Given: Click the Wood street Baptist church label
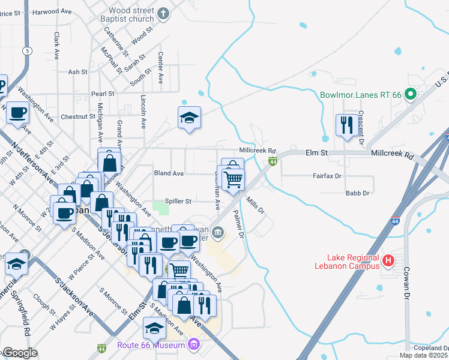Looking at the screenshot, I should pos(131,14).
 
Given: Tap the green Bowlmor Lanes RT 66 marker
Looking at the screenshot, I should pos(411,94).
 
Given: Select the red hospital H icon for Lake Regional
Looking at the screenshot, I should pos(388,261).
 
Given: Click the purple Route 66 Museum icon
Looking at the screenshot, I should pos(193,345).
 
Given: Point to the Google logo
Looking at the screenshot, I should pos(19,353).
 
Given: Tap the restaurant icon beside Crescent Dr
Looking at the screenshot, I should pos(345,125).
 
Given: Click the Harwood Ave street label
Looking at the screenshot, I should pos(51,11).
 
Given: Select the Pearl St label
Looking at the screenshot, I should pos(103,94).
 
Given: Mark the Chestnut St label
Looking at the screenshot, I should pos(74,116).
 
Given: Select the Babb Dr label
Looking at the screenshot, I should pos(357,193).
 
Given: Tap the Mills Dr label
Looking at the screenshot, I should pos(255,205).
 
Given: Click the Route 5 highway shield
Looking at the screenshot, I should pos(28,50).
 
